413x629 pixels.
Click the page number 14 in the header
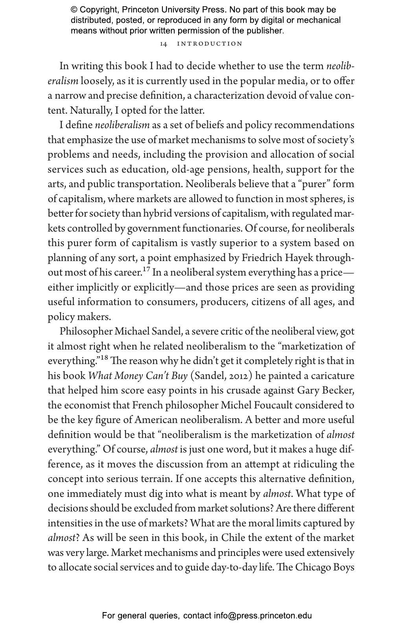(164, 44)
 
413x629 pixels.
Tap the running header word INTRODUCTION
(210, 44)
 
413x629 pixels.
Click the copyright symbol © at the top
(74, 10)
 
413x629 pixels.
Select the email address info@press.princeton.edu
(263, 616)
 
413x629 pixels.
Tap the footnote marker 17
(146, 270)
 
